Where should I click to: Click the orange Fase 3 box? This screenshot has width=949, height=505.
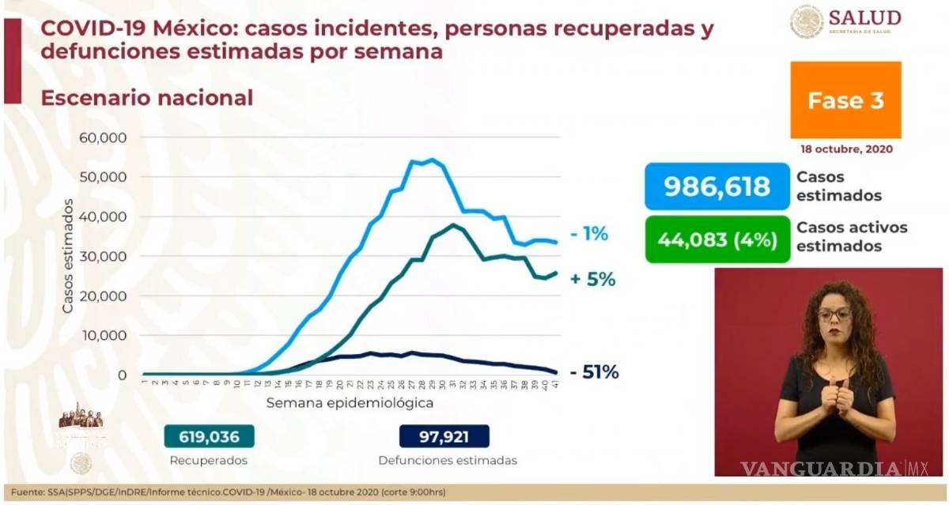click(845, 100)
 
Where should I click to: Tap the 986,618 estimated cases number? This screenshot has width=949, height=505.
click(716, 187)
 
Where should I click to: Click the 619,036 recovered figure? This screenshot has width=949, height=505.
click(207, 436)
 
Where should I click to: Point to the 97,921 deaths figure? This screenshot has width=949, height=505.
click(444, 436)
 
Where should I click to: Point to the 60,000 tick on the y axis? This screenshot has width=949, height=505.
click(104, 138)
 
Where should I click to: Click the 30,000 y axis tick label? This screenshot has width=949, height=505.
click(104, 256)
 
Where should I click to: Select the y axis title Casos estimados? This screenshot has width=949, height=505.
click(68, 256)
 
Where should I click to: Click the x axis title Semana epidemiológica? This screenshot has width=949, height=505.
click(349, 403)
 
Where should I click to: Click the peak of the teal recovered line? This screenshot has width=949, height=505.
click(452, 224)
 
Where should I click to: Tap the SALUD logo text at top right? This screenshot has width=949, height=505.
click(864, 17)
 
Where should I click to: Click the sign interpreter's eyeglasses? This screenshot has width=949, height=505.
click(834, 314)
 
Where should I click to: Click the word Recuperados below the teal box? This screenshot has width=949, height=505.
click(208, 460)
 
